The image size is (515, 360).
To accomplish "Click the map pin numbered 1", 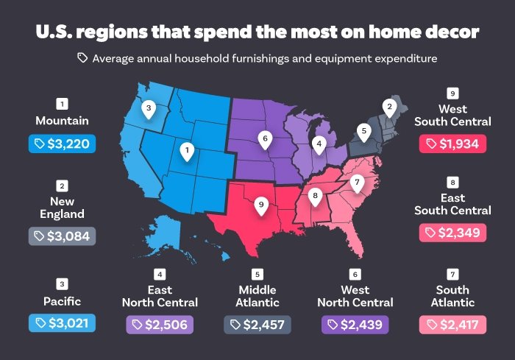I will (x=188, y=152).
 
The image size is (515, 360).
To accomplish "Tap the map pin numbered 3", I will (x=149, y=109).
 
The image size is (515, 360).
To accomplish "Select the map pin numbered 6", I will (x=264, y=138).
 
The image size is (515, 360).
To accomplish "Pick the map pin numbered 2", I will (x=388, y=107).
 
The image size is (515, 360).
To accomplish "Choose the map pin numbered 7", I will (x=356, y=183).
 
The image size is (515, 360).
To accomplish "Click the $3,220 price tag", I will (x=63, y=144).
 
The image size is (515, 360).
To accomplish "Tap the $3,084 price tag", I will (x=63, y=236).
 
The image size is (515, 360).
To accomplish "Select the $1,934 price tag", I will (x=452, y=143).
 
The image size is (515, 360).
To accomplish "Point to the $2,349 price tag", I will (x=452, y=233).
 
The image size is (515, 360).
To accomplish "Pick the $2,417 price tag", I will (x=452, y=324).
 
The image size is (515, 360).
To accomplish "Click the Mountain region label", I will (x=63, y=120).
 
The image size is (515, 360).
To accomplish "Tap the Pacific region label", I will (x=63, y=301).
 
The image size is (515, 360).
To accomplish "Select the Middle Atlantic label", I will (x=257, y=296).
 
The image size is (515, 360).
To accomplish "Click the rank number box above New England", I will (x=63, y=186).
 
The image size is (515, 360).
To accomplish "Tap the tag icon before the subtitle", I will (x=82, y=57).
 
